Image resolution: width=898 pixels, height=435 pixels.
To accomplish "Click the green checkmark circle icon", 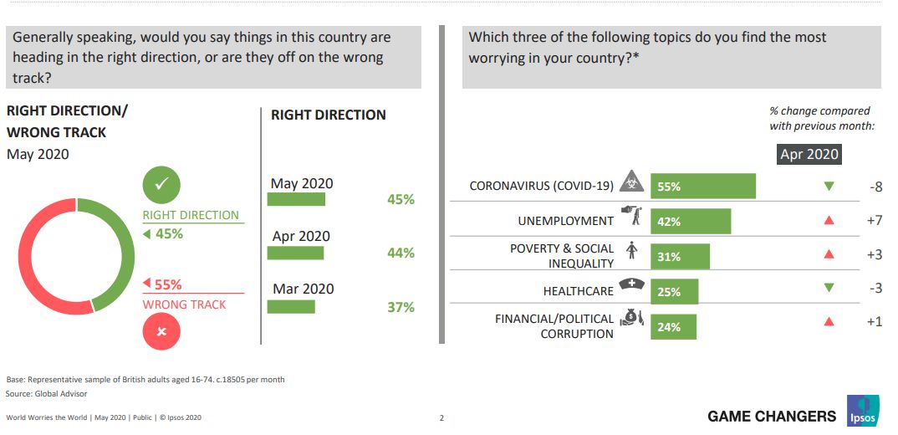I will click(162, 186).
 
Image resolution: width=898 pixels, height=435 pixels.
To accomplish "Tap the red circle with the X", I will click(162, 331).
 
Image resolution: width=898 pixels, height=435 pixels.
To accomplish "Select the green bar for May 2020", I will click(296, 199).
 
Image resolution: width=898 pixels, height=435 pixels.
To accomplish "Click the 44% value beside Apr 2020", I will click(401, 253).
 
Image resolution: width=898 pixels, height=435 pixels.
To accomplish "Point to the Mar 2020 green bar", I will click(291, 306).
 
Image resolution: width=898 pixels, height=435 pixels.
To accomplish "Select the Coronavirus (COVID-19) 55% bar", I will click(702, 187).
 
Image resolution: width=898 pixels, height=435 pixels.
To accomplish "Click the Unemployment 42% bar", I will click(690, 222).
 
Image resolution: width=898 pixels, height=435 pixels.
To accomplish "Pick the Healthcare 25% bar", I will click(674, 292).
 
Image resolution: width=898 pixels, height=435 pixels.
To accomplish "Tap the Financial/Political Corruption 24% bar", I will click(673, 327).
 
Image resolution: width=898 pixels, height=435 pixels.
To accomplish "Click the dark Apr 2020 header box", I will click(809, 154).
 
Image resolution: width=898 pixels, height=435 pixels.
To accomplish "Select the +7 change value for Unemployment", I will click(875, 221).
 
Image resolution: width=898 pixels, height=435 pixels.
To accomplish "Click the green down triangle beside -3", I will click(829, 288).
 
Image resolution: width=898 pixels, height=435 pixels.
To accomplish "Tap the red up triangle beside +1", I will click(829, 321).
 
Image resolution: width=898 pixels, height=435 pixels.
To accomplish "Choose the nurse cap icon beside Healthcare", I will click(631, 287).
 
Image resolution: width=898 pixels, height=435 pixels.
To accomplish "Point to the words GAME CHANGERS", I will click(771, 416).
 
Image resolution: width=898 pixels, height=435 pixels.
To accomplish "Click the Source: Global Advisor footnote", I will click(46, 393).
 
